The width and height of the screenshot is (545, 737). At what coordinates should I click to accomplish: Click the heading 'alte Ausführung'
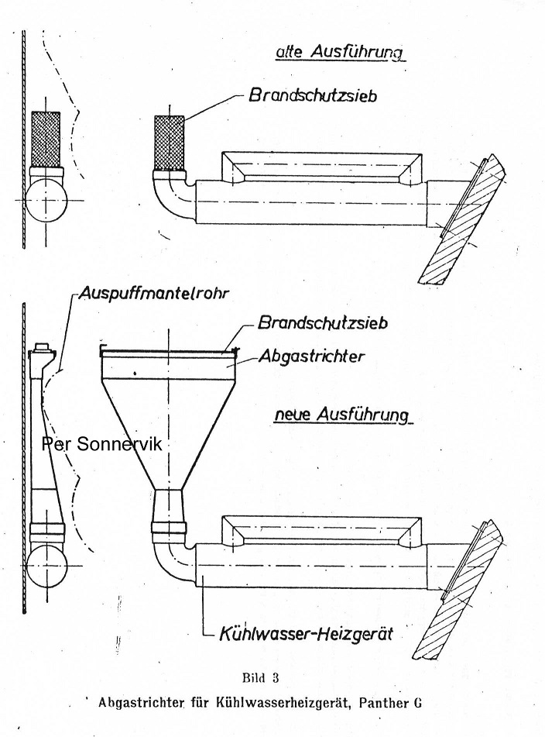[x=340, y=53]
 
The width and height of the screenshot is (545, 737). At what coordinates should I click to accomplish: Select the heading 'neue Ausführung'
[x=341, y=415]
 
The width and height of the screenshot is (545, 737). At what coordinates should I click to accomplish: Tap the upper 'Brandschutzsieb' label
[x=312, y=95]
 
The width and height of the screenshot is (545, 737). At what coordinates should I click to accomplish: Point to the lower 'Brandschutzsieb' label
[x=323, y=323]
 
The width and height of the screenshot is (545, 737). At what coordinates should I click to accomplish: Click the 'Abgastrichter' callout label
[x=311, y=356]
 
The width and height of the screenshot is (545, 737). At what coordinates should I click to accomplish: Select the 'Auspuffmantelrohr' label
[x=154, y=293]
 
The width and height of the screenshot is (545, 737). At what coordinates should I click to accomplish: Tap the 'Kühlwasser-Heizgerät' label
[x=306, y=634]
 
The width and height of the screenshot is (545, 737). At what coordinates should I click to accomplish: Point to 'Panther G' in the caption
[x=389, y=703]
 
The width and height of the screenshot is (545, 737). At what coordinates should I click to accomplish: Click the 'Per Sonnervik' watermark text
[x=102, y=444]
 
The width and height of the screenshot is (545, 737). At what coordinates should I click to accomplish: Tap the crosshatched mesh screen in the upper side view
[x=170, y=143]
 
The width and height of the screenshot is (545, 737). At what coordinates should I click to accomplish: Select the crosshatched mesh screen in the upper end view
[x=46, y=139]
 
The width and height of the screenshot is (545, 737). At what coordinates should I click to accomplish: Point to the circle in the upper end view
[x=46, y=201]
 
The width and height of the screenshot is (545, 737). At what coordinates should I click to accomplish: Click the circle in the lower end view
[x=46, y=566]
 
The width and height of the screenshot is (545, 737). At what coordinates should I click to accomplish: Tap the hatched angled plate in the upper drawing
[x=462, y=219]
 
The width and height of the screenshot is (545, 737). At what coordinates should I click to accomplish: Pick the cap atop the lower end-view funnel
[x=43, y=349]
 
